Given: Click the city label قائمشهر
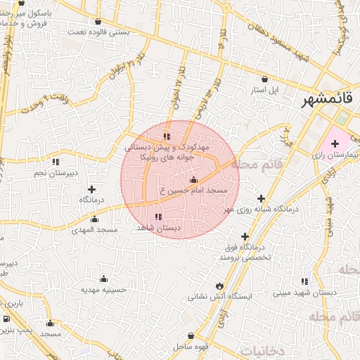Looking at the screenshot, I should click(328, 101).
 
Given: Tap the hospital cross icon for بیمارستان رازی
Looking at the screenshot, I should click(334, 143).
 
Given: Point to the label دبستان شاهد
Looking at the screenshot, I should click(158, 228).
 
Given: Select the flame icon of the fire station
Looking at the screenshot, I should click(220, 285).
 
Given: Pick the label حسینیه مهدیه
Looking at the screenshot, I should click(103, 289).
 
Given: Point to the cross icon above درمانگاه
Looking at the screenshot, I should click(92, 189).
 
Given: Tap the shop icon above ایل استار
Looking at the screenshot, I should click(265, 79).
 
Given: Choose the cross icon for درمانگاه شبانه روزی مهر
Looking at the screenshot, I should click(262, 199).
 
